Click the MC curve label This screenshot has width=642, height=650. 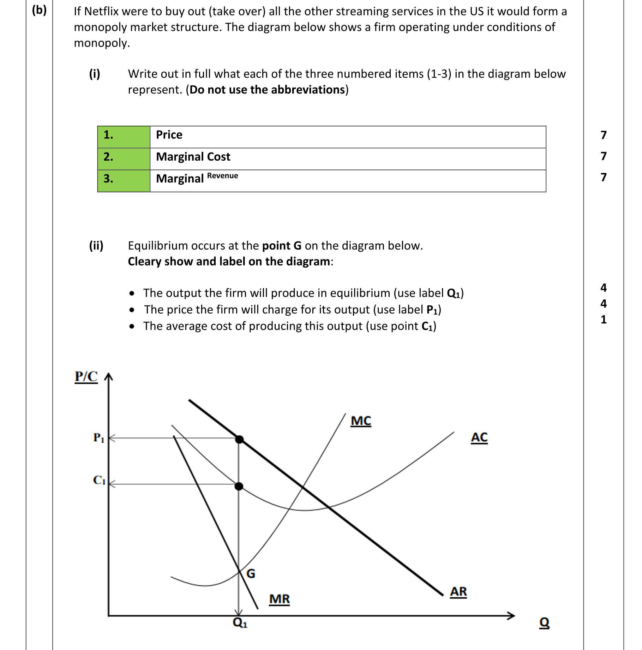pos(360,421)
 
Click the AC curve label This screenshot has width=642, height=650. pos(479,437)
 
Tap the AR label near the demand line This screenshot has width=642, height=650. pos(458,591)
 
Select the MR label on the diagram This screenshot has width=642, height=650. pos(279,599)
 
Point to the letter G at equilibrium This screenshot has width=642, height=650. pos(251,573)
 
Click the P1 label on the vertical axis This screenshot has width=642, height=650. pos(98,438)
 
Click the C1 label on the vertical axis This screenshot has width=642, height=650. pos(99,480)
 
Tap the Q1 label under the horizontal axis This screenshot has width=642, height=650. pos(240,622)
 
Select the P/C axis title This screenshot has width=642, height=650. pos(86,377)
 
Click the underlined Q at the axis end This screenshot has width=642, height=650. pos(544,622)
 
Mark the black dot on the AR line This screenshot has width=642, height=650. pos(239,440)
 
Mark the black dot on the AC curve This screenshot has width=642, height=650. pos(239,487)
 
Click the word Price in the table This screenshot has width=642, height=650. pos(169,135)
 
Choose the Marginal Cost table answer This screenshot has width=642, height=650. pos(193,157)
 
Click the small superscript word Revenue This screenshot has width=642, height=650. pos(222,176)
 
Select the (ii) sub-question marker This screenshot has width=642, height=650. pos(96,245)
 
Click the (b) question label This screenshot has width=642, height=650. pos(39,10)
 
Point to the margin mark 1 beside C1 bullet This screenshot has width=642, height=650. pos(604,320)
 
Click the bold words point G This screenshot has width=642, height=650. pos(282,246)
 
